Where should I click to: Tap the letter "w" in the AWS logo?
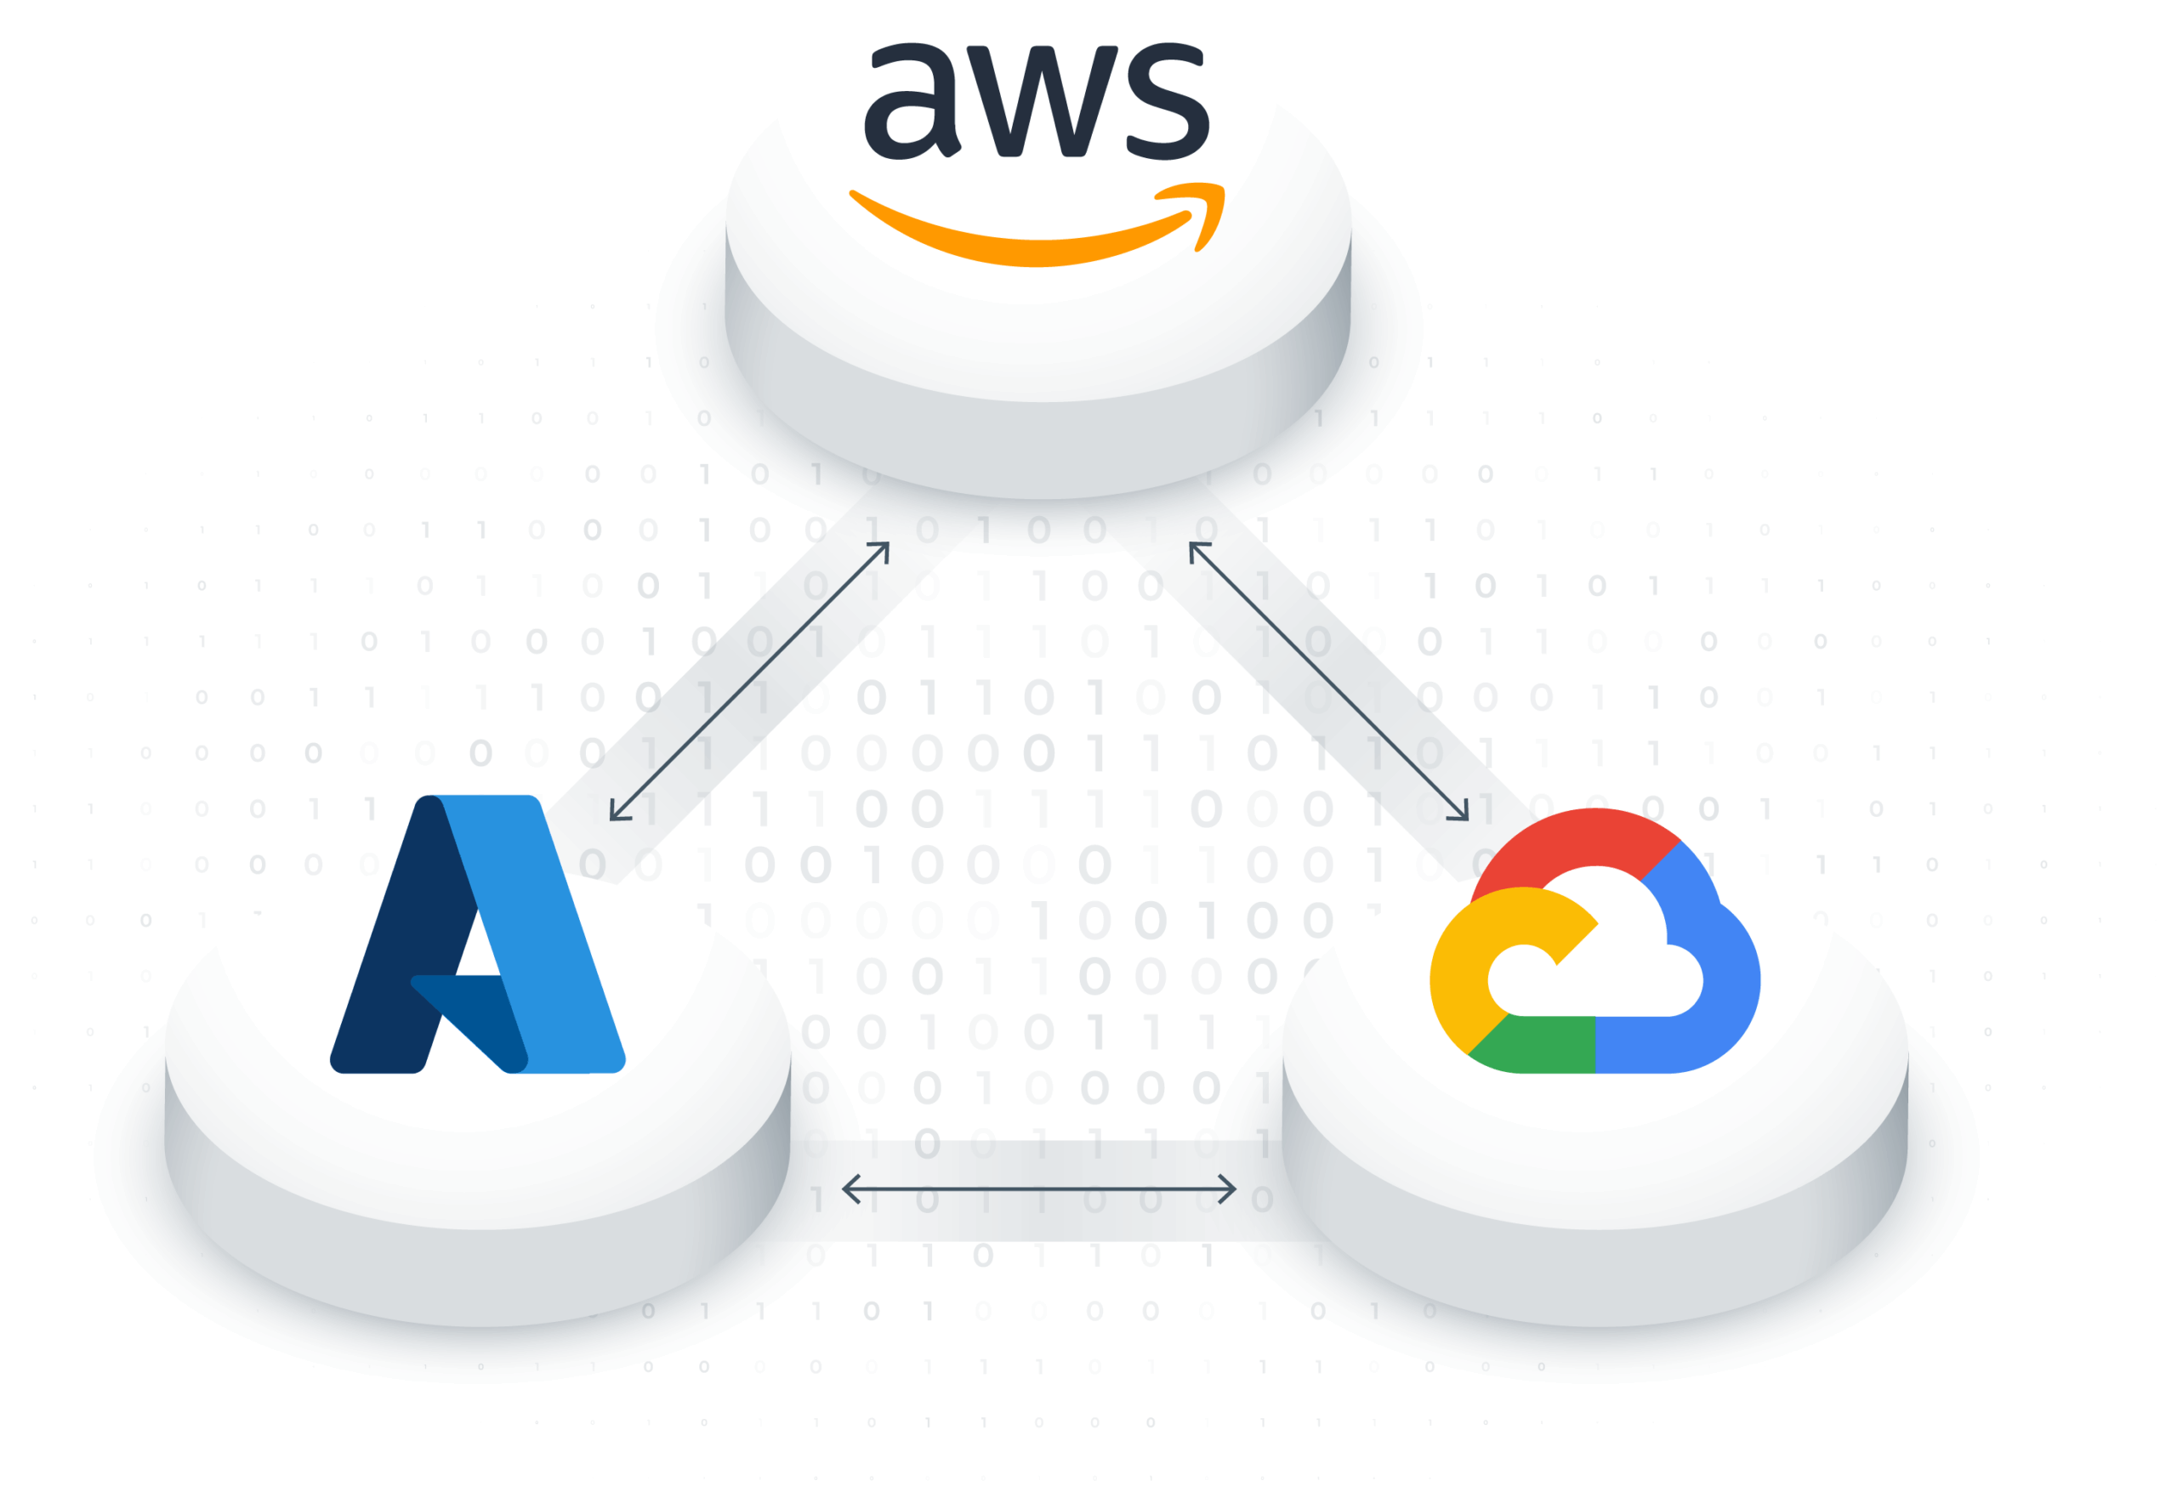(1036, 103)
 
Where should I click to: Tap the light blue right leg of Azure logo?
(553, 937)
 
